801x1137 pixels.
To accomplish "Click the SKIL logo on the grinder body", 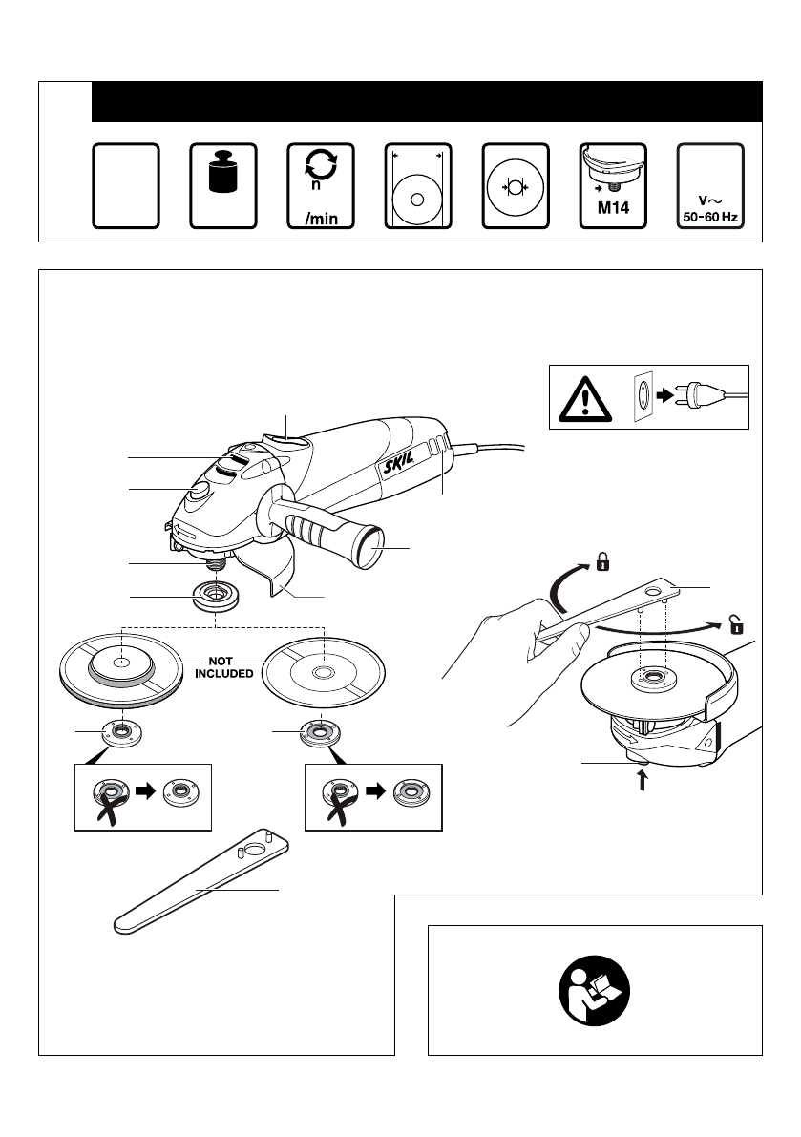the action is click(399, 460).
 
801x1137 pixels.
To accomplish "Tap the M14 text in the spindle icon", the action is click(613, 208).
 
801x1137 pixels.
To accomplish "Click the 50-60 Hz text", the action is click(710, 217).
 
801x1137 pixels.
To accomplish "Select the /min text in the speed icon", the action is click(321, 219).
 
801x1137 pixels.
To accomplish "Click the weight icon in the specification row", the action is click(223, 172).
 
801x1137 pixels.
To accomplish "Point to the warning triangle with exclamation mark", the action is click(585, 399).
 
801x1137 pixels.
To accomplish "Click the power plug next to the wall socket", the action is click(700, 396).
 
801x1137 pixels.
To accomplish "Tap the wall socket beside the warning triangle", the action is click(643, 396).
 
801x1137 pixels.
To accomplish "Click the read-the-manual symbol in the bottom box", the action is click(595, 991).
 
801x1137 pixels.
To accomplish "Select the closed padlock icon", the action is click(602, 561).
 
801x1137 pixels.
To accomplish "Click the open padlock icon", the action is click(736, 623).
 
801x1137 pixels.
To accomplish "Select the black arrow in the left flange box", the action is click(146, 790).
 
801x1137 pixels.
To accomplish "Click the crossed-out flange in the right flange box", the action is click(339, 798).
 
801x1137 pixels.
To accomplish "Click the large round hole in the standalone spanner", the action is click(256, 847).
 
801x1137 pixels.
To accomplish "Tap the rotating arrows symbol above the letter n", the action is click(321, 164).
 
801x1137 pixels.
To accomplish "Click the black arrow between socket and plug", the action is click(664, 396).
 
